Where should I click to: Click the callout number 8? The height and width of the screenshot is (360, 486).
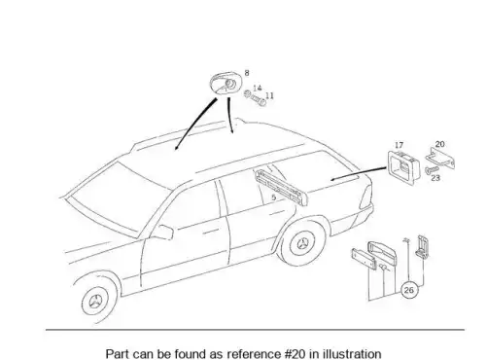pyautogui.click(x=247, y=73)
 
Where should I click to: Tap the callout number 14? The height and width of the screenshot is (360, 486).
pyautogui.click(x=258, y=88)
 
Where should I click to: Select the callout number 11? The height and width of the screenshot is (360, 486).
pyautogui.click(x=269, y=95)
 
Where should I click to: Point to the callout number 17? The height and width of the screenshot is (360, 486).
pyautogui.click(x=399, y=145)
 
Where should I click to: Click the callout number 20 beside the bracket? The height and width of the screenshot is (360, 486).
pyautogui.click(x=439, y=144)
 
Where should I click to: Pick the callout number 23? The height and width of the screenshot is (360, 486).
pyautogui.click(x=435, y=178)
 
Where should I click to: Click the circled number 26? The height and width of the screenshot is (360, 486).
pyautogui.click(x=409, y=290)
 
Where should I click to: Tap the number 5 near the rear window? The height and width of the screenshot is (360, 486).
pyautogui.click(x=274, y=198)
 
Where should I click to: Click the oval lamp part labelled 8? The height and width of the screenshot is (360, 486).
pyautogui.click(x=225, y=84)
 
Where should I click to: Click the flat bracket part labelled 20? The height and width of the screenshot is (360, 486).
pyautogui.click(x=440, y=159)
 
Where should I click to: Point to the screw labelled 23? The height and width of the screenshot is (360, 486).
pyautogui.click(x=432, y=169)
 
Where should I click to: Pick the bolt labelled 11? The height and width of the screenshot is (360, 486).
pyautogui.click(x=259, y=100)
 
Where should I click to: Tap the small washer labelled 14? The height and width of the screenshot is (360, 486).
pyautogui.click(x=248, y=93)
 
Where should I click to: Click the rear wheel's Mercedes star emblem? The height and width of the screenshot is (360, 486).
pyautogui.click(x=302, y=243)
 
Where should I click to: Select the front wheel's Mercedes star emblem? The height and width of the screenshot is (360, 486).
pyautogui.click(x=96, y=302)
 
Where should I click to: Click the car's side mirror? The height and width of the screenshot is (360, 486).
pyautogui.click(x=163, y=233)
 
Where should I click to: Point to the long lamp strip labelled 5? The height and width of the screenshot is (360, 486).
pyautogui.click(x=281, y=187)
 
